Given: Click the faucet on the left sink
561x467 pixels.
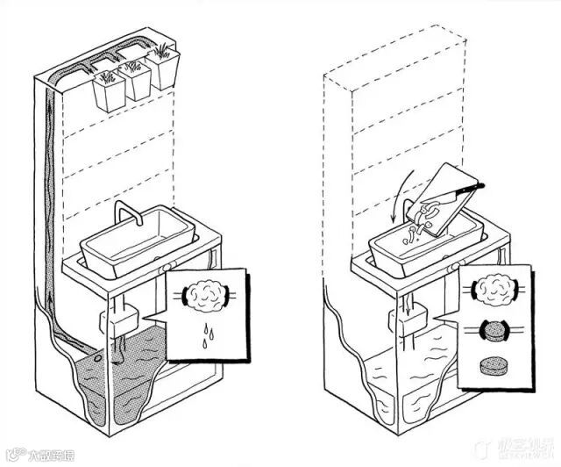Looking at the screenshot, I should click(x=128, y=214).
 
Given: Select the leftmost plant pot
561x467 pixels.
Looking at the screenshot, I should click(x=109, y=88).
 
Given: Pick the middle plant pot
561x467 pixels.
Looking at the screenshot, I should click(x=137, y=83).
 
